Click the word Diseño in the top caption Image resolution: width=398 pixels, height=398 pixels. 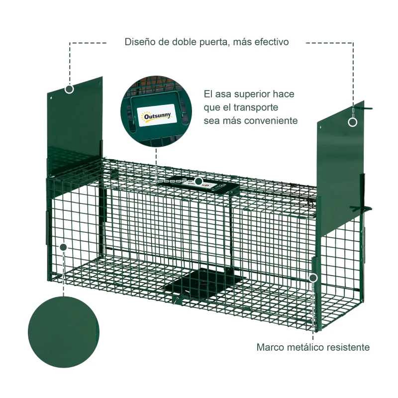pos(139,42)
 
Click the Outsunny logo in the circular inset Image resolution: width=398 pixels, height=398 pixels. pos(157,116)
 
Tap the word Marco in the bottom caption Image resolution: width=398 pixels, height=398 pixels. pos(270,347)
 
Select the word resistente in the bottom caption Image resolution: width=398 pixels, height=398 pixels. pos(348,347)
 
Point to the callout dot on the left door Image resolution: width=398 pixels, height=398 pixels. pos(69,89)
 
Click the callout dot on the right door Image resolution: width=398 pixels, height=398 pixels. pos(353,122)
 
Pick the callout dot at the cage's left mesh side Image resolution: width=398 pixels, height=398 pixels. pos(63,247)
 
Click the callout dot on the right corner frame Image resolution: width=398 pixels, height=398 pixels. pos(313,277)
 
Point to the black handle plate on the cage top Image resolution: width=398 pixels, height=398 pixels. pos(209,185)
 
